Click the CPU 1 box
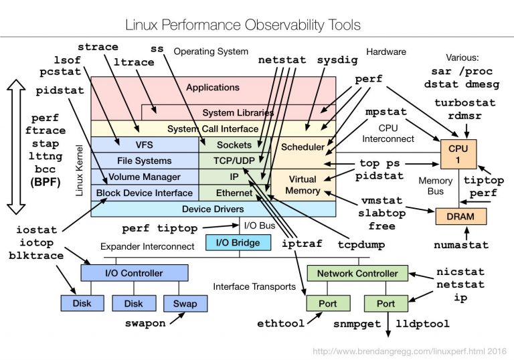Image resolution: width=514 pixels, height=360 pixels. click(x=458, y=155)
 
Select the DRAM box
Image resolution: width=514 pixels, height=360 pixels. click(x=460, y=217)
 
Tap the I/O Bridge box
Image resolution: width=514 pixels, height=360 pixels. click(x=238, y=242)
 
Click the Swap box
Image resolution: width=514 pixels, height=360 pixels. click(x=185, y=303)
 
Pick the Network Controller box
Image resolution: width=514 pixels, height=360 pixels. click(x=357, y=273)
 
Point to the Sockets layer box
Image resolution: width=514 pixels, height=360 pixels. click(x=234, y=145)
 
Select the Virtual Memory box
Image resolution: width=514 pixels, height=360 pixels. click(x=303, y=185)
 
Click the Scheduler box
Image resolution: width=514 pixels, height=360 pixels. click(x=303, y=147)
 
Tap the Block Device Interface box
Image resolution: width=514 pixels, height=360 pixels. click(x=144, y=193)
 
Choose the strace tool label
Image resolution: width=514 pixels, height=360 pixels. click(x=98, y=48)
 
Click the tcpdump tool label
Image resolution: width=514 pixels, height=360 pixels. click(x=361, y=245)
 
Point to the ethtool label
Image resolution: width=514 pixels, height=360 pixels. click(x=280, y=323)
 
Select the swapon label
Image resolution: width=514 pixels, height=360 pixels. click(x=145, y=323)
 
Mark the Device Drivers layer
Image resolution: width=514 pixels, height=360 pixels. click(x=212, y=209)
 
